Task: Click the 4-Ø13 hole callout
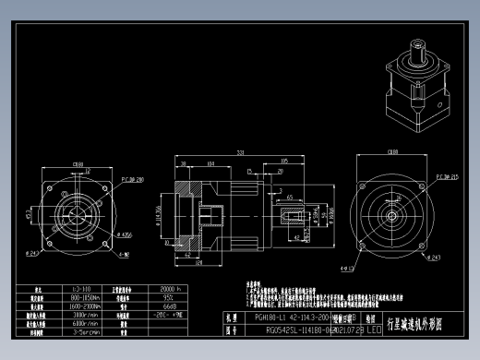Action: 348,269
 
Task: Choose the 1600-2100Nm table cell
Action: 82,306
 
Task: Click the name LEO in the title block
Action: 373,330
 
